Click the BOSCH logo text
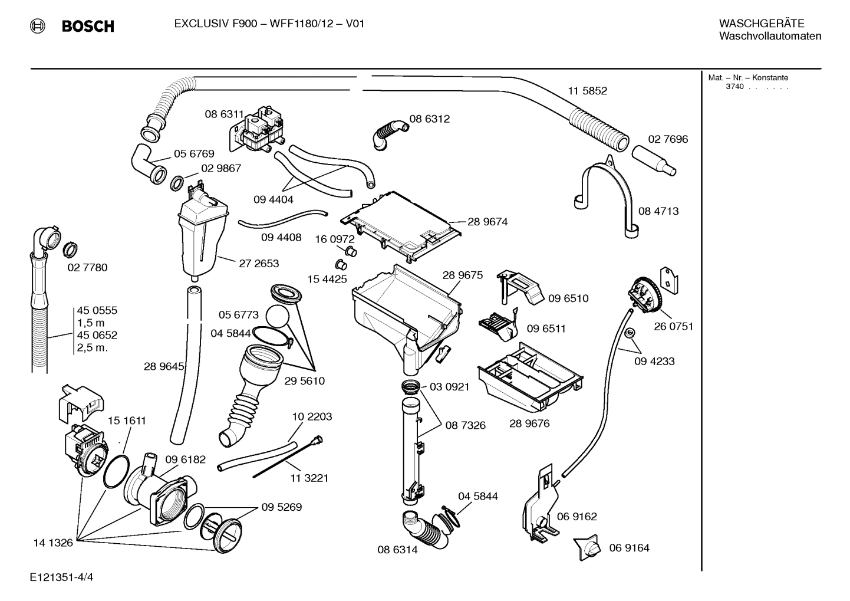pyautogui.click(x=88, y=26)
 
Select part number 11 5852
pyautogui.click(x=587, y=91)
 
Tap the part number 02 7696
pyautogui.click(x=668, y=139)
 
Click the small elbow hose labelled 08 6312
pyautogui.click(x=388, y=133)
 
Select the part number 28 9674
pyautogui.click(x=487, y=222)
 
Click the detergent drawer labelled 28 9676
pyautogui.click(x=531, y=378)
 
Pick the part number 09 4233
pyautogui.click(x=654, y=361)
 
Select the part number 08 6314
pyautogui.click(x=397, y=550)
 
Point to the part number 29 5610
pyautogui.click(x=304, y=381)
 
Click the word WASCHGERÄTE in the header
pyautogui.click(x=761, y=24)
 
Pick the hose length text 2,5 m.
pyautogui.click(x=92, y=347)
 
